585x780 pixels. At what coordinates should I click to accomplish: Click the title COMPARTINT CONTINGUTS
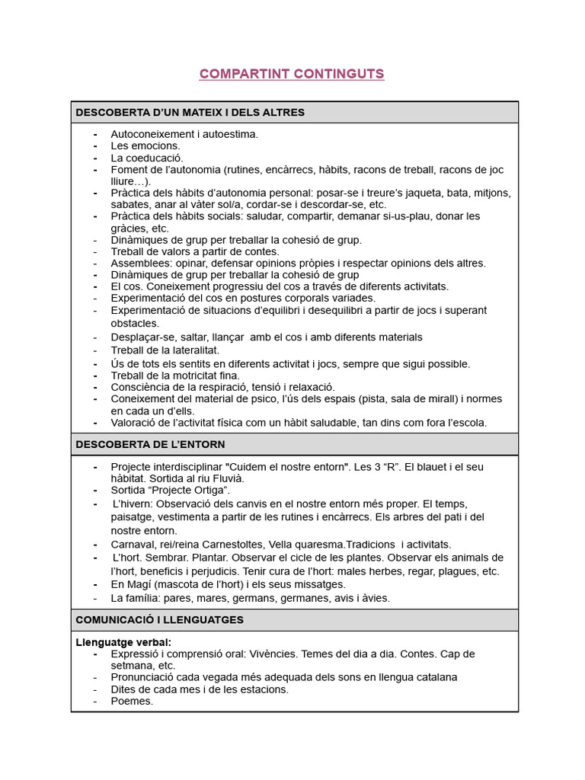click(292, 74)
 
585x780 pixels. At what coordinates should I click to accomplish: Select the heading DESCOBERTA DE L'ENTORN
click(150, 444)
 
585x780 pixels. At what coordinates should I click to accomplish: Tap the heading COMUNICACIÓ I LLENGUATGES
click(159, 620)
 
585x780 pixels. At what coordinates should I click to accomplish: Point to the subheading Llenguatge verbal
click(123, 642)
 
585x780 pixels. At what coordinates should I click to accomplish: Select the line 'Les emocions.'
click(145, 145)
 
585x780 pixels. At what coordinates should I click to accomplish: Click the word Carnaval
click(133, 545)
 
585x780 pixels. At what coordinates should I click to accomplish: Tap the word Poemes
click(132, 701)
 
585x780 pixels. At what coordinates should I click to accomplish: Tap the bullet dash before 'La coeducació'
click(95, 158)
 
